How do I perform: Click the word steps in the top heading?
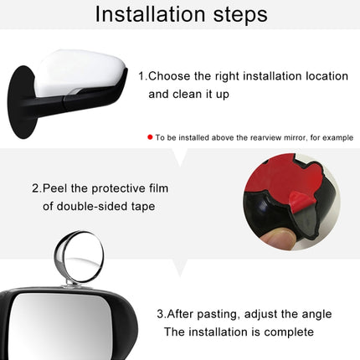click(x=237, y=15)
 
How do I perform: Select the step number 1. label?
click(x=143, y=75)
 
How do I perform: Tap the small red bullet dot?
click(x=150, y=136)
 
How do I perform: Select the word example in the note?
click(x=335, y=136)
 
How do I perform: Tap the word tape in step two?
click(x=141, y=206)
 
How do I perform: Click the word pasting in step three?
click(x=212, y=314)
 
